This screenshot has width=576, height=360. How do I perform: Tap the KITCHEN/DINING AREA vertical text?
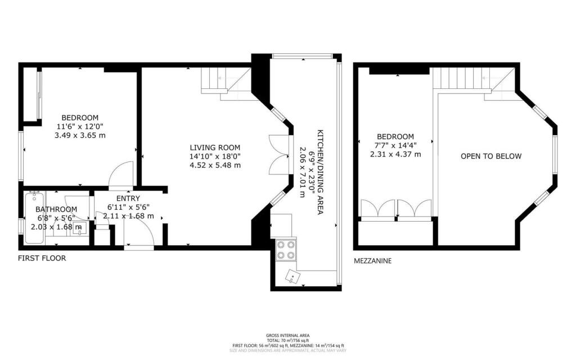tap(319, 163)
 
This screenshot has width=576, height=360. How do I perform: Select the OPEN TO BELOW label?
tap(491, 156)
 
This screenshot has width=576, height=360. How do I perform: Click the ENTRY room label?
tap(128, 198)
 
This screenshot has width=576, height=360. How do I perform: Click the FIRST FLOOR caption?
tap(42, 259)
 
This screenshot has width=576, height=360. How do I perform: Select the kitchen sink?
tap(294, 276)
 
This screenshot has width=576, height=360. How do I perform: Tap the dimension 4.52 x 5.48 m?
tap(215, 165)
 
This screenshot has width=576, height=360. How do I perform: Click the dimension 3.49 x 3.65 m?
tap(80, 136)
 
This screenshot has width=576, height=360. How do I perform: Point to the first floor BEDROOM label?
tap(80, 118)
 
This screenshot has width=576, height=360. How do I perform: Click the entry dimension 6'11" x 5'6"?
tap(128, 207)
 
